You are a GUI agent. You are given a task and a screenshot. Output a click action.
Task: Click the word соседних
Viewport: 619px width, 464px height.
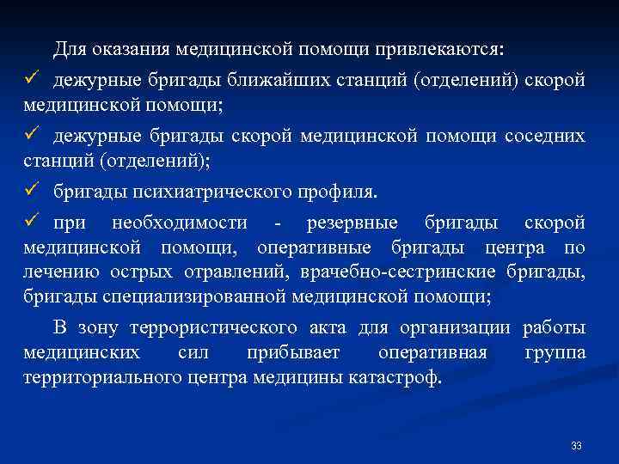pyautogui.click(x=545, y=136)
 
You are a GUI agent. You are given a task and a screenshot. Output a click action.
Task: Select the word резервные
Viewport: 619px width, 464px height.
pyautogui.click(x=352, y=223)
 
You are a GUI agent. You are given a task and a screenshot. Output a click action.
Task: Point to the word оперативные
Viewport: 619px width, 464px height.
pyautogui.click(x=314, y=248)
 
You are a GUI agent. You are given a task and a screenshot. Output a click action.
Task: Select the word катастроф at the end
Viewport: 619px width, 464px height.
pyautogui.click(x=394, y=378)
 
